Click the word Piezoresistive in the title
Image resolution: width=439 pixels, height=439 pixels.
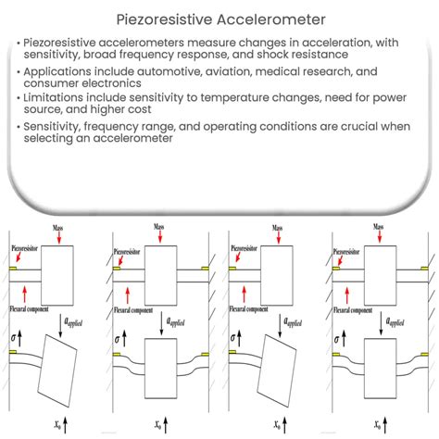click(164, 18)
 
